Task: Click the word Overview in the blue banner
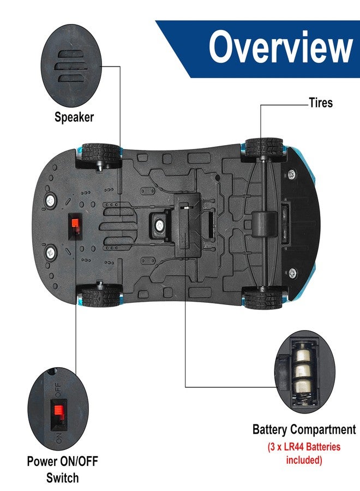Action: point(281,47)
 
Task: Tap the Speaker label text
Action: point(74,117)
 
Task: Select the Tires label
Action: point(321,103)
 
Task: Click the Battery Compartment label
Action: point(304,429)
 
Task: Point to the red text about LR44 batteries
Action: point(304,453)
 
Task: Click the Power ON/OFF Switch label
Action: point(63,469)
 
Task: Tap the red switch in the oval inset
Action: point(58,410)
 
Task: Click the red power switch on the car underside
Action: point(75,223)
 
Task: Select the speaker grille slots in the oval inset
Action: point(69,67)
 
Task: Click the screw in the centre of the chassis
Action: point(160,225)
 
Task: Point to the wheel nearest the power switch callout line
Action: point(100,295)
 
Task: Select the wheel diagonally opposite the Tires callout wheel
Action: point(100,295)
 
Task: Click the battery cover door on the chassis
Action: point(188,225)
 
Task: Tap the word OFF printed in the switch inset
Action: point(58,390)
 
